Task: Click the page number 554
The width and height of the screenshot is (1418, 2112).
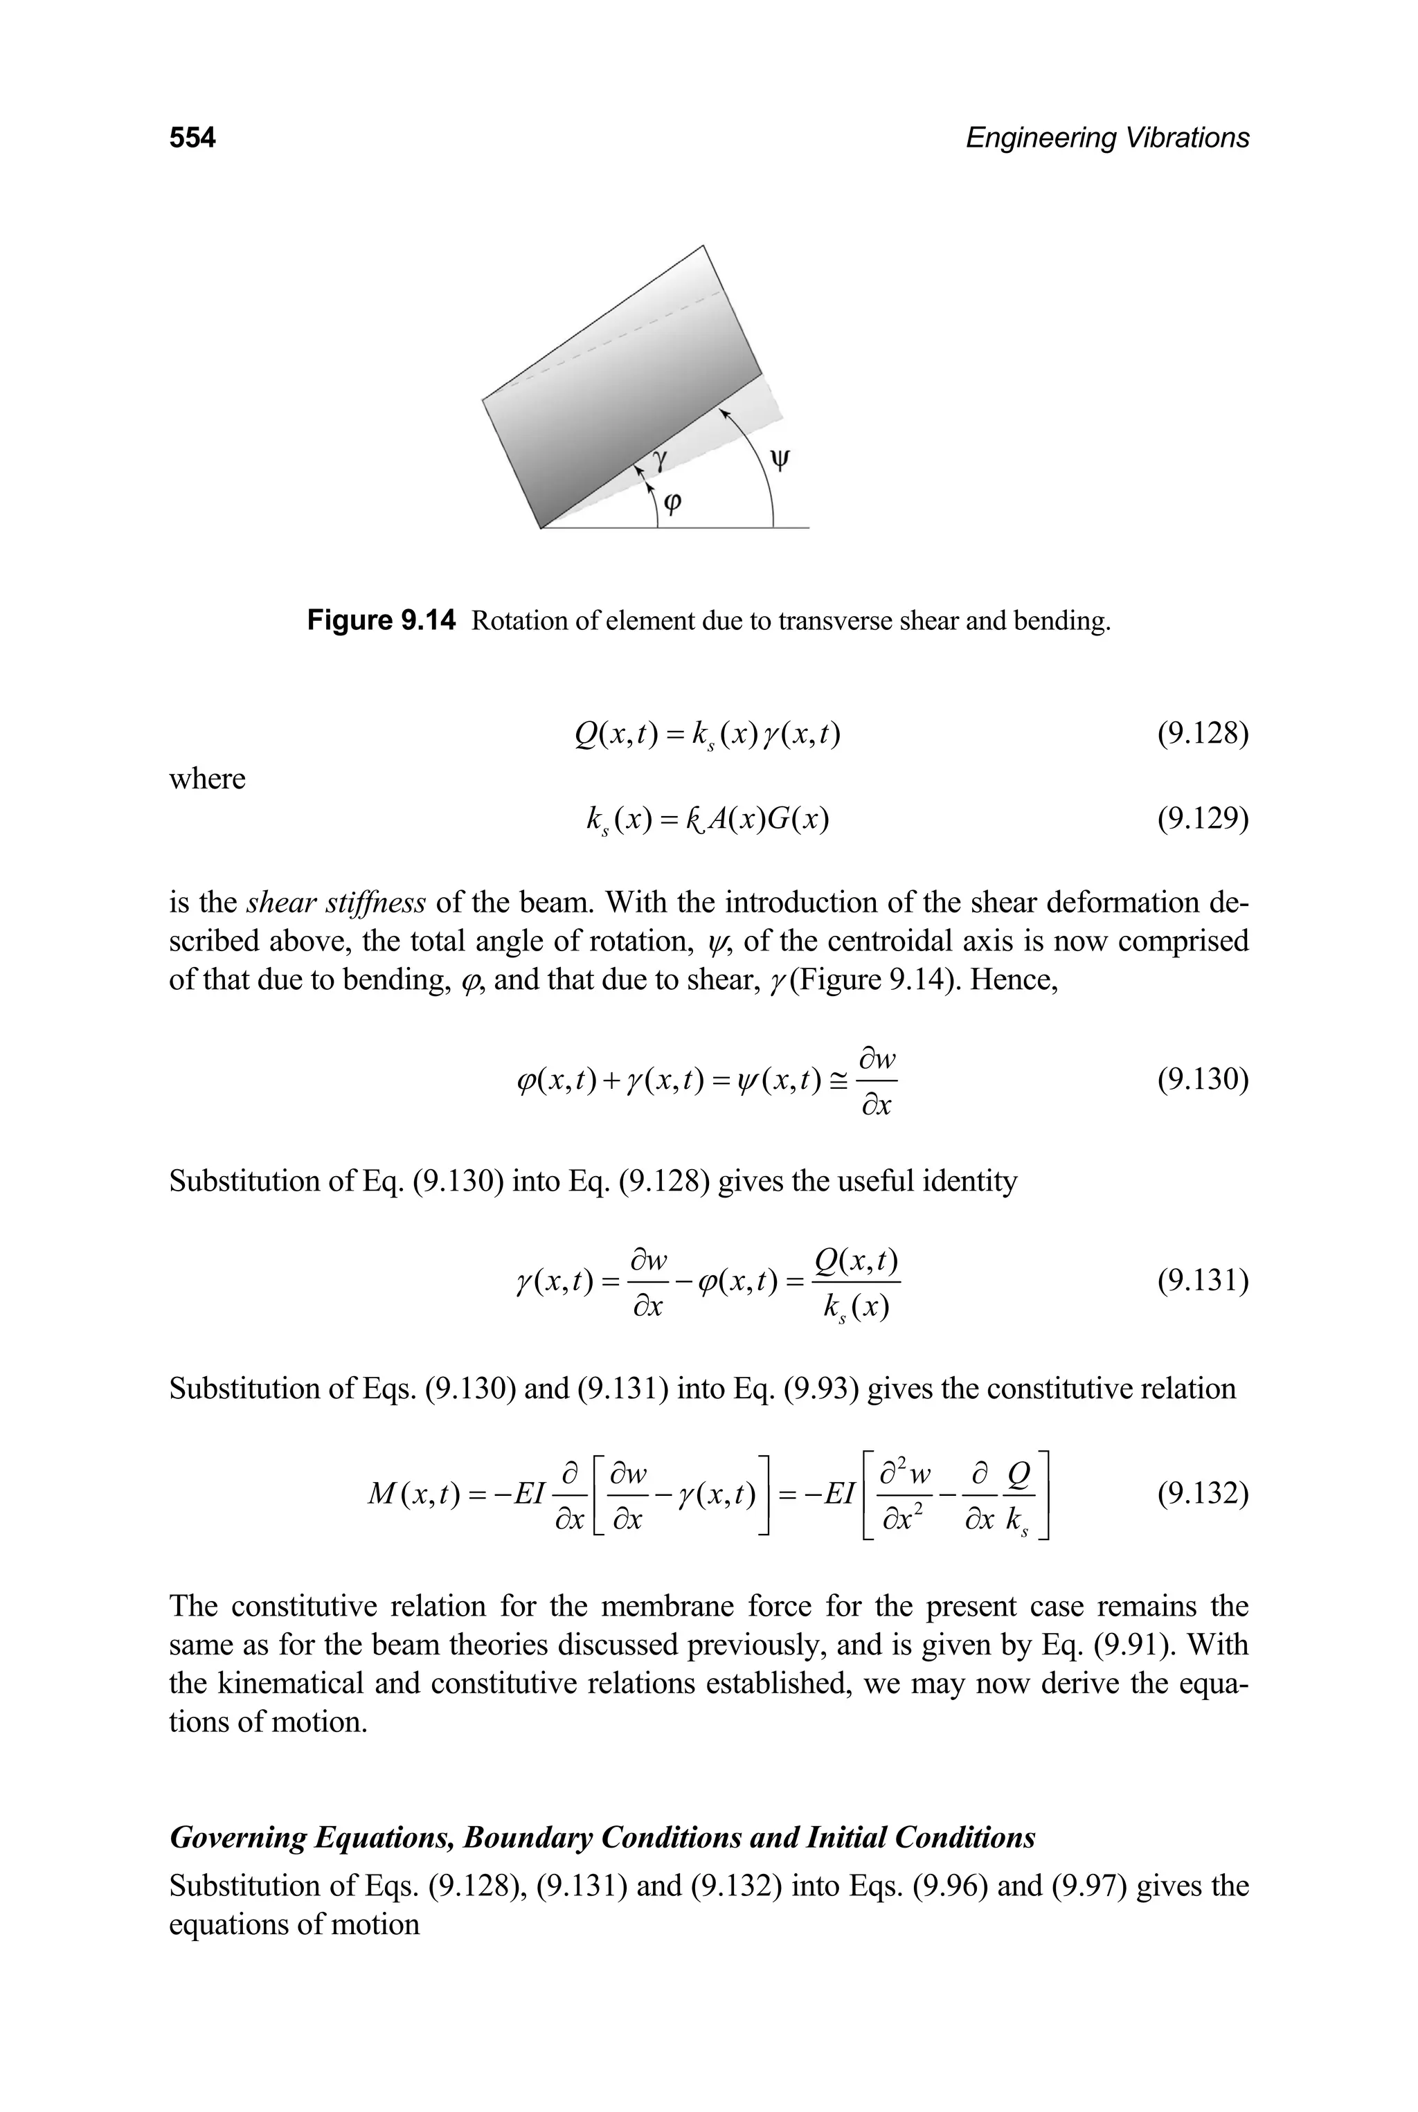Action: click(x=192, y=138)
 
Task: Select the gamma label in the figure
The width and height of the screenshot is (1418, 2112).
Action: click(x=661, y=460)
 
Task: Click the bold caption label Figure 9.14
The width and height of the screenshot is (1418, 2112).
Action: click(x=382, y=621)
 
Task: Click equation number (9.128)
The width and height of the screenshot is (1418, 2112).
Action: click(x=1203, y=733)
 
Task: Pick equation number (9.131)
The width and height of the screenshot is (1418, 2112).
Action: click(x=1203, y=1281)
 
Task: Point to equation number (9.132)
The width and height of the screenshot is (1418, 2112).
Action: click(x=1203, y=1494)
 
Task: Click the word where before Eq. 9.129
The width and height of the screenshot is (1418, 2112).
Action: click(x=207, y=779)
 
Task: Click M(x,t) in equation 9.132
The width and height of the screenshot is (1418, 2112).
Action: click(x=404, y=1495)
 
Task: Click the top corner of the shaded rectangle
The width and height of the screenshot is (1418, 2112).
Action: click(x=703, y=246)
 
